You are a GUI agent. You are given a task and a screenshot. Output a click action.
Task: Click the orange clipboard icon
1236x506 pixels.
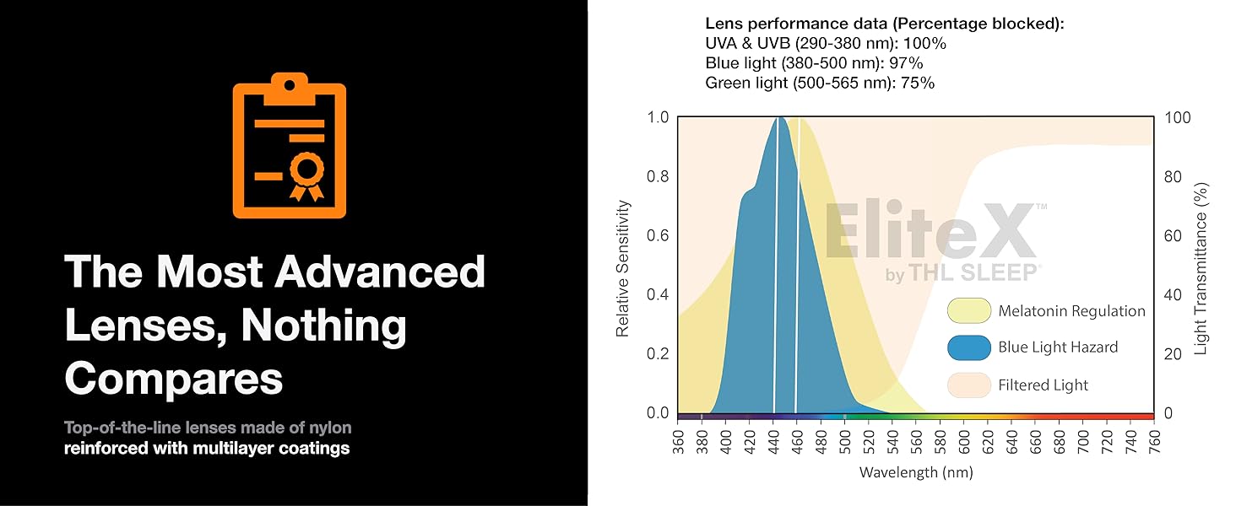290,146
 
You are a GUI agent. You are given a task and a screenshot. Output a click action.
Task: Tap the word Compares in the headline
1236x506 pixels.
174,379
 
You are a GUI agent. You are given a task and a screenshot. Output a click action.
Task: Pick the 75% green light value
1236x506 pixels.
919,83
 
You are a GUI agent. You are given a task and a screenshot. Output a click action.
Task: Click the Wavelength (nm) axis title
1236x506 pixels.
916,472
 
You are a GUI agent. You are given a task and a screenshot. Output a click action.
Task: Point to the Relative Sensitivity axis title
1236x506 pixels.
623,267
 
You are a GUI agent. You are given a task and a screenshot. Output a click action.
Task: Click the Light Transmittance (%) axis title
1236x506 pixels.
1201,267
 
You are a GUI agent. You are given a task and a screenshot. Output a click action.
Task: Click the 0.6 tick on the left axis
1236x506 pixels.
657,235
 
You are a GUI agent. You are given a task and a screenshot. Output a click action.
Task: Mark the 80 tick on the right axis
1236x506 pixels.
1173,176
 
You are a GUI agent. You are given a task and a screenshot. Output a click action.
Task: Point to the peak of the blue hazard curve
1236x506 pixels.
782,118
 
